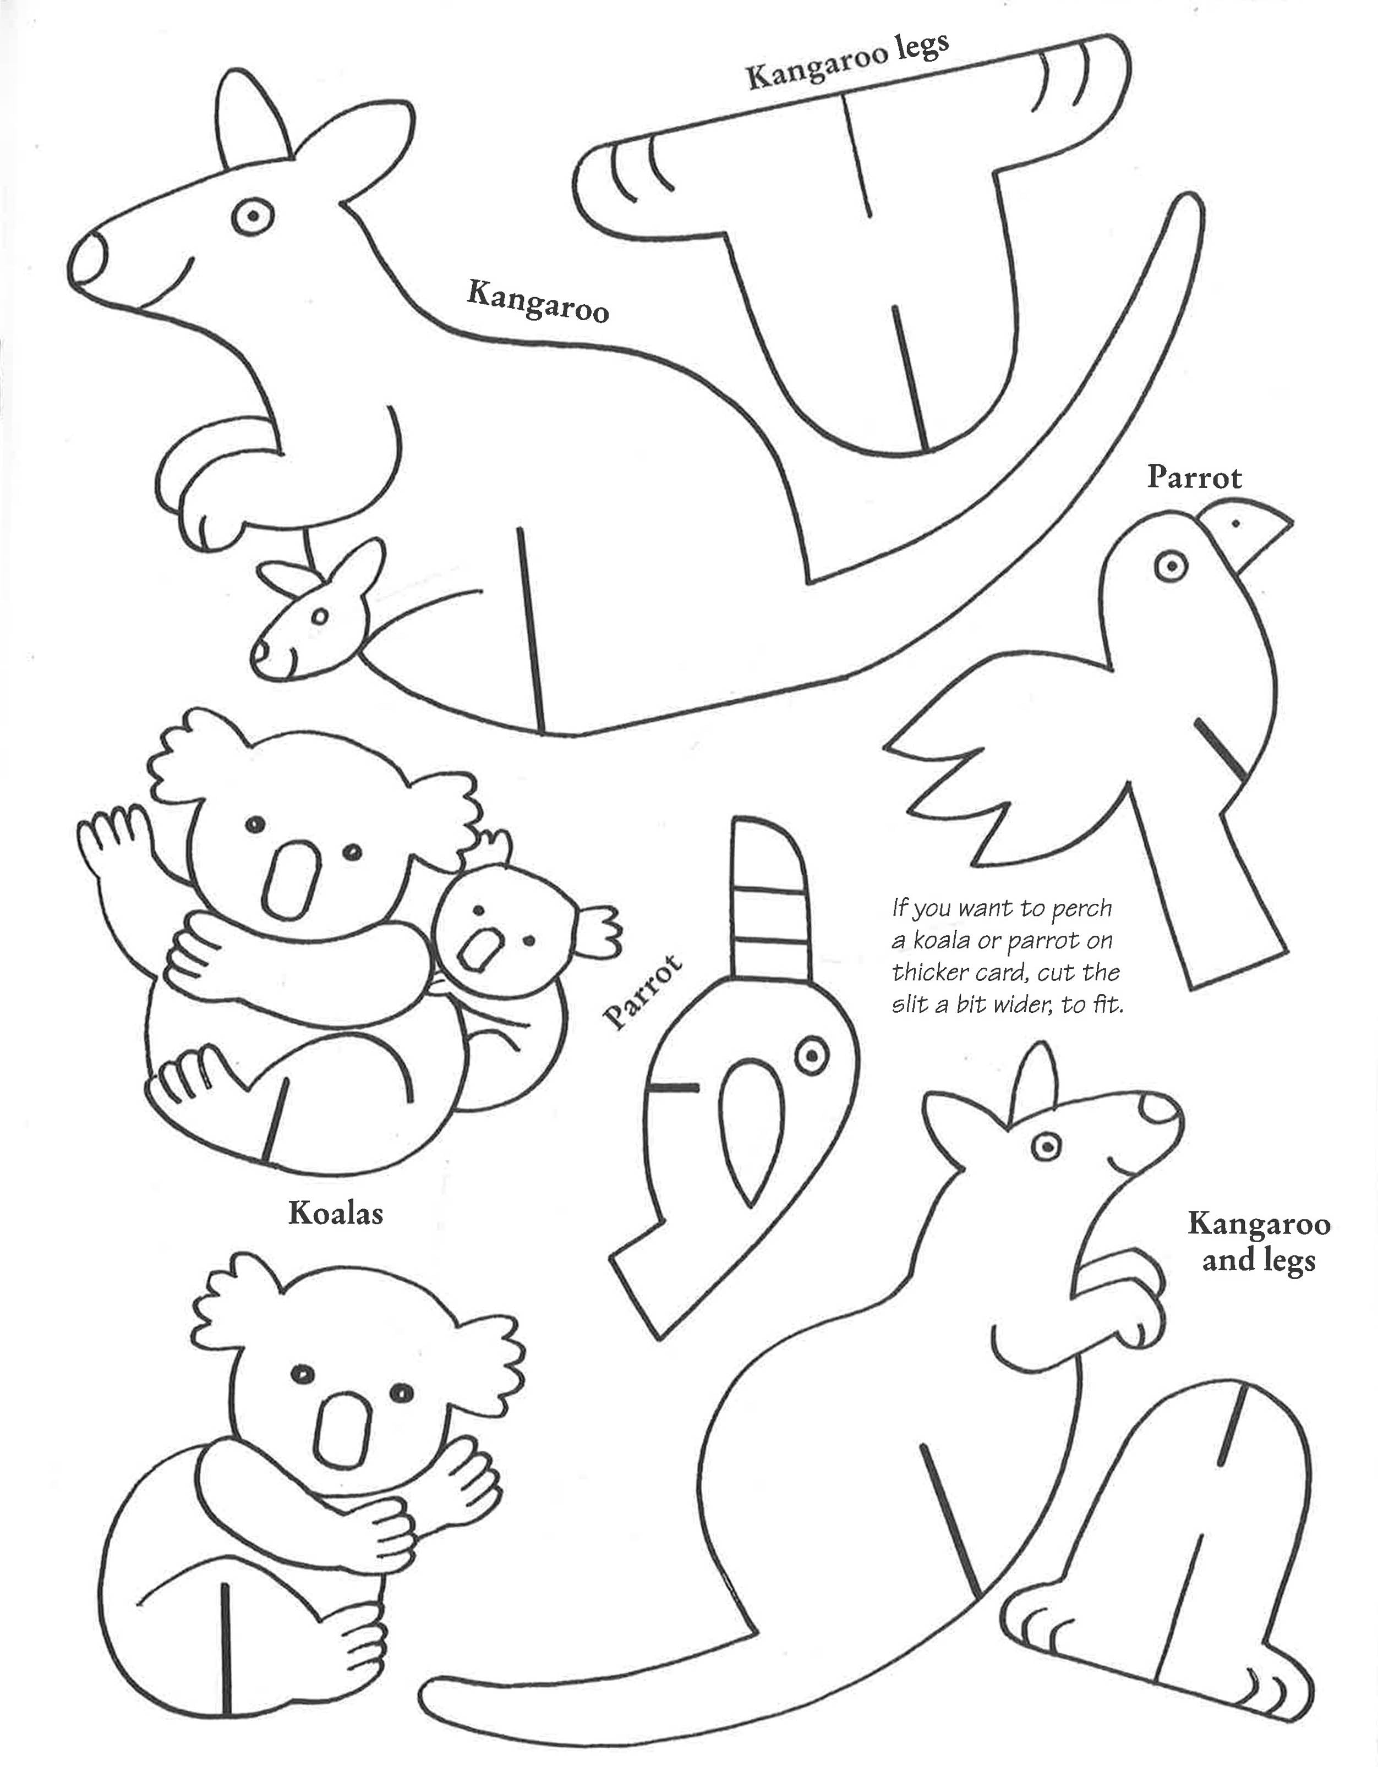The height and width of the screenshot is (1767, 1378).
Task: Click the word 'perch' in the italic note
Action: point(1082,909)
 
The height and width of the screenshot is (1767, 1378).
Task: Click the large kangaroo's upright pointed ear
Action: point(253,120)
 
